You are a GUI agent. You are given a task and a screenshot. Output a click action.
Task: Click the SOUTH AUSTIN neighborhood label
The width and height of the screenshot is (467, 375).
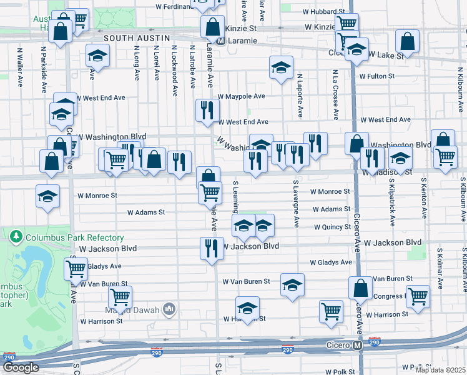click(137, 38)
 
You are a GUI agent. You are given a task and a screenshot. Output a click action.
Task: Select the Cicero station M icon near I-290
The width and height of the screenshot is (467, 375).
click(358, 345)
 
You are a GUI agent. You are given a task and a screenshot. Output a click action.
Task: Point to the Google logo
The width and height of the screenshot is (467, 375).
click(21, 367)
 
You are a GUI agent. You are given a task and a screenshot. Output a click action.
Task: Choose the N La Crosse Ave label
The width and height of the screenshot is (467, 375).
click(335, 94)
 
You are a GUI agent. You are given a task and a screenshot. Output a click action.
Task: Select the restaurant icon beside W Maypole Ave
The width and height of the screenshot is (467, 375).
click(207, 109)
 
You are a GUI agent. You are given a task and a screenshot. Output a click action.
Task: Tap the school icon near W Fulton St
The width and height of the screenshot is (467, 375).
click(281, 66)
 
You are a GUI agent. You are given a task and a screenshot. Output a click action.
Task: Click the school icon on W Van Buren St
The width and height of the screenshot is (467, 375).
click(292, 284)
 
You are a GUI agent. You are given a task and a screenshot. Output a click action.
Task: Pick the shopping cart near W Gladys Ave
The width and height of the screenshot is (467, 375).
click(76, 267)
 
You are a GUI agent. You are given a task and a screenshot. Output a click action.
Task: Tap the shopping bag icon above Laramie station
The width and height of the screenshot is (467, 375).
click(212, 26)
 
